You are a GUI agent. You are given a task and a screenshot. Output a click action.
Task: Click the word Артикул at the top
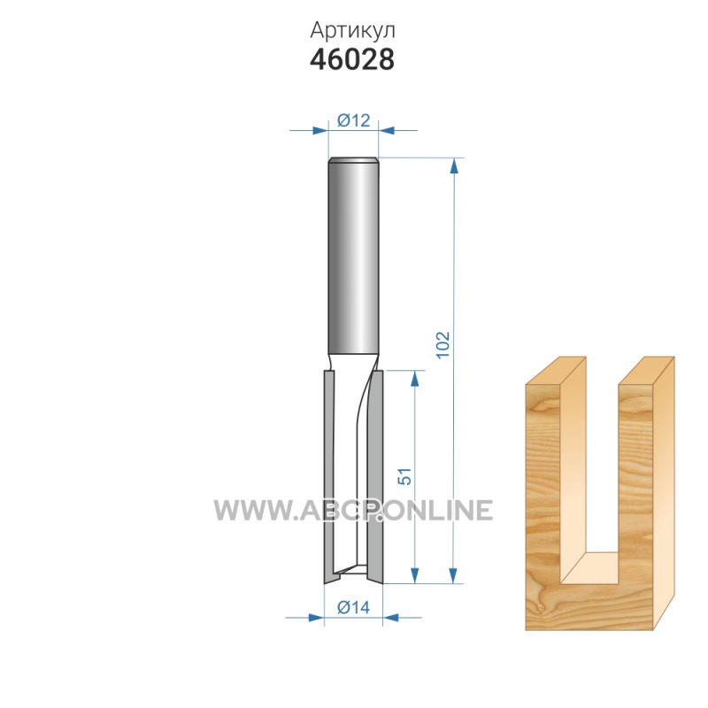tap(352, 31)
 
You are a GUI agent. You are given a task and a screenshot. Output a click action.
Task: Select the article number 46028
tap(352, 59)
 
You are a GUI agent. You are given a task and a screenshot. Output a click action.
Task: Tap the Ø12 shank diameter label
tap(353, 120)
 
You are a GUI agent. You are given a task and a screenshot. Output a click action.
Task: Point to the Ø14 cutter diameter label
tap(353, 607)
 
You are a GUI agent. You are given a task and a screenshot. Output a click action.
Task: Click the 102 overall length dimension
tap(443, 344)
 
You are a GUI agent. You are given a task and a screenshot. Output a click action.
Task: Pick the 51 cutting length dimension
tap(405, 476)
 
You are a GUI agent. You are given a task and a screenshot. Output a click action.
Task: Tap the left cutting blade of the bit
tap(329, 477)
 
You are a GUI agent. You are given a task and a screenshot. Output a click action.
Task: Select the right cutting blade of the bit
tap(376, 477)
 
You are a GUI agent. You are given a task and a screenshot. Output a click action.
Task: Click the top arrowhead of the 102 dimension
tap(454, 165)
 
